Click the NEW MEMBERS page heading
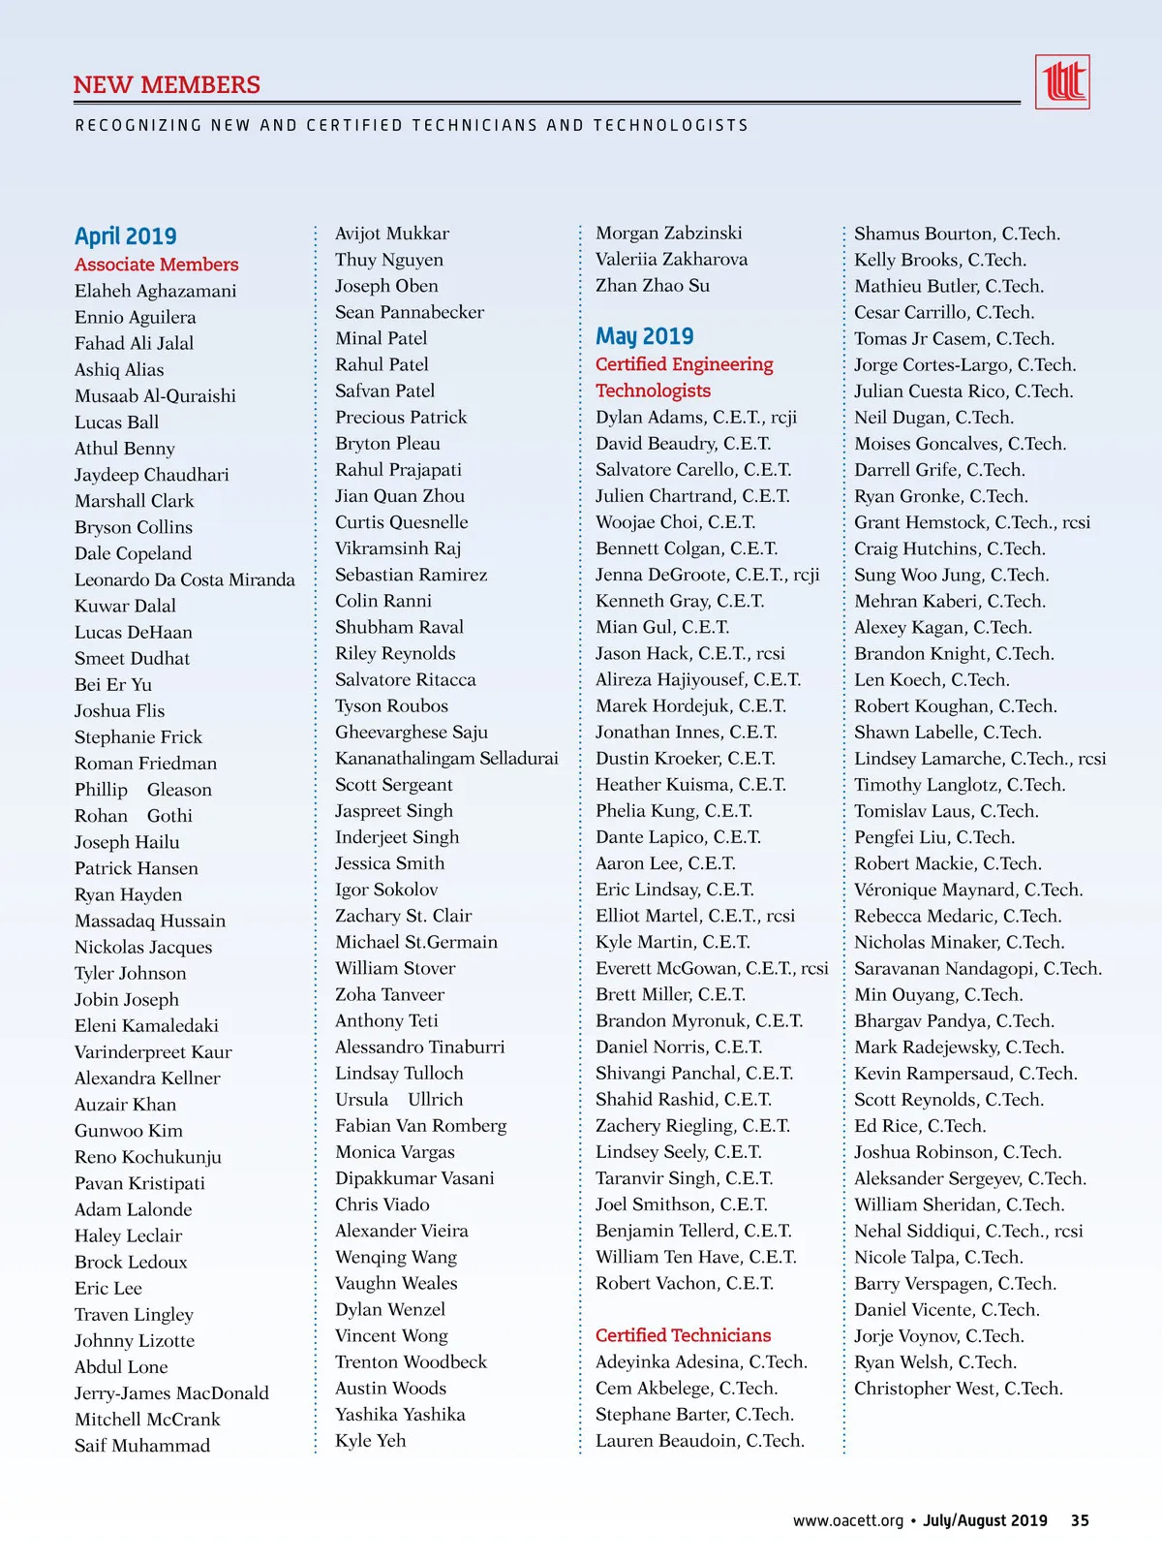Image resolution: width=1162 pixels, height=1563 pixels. [x=167, y=85]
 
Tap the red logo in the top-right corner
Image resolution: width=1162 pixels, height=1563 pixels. [x=1062, y=82]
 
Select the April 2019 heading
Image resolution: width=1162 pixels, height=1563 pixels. [x=126, y=236]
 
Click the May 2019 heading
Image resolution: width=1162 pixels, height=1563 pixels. [x=645, y=336]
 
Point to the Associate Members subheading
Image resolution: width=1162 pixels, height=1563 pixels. [x=156, y=265]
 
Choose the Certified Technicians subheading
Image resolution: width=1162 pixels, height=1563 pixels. [x=683, y=1335]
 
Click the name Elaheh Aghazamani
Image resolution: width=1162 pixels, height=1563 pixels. [x=155, y=291]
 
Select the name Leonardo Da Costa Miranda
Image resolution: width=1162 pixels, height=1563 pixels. [x=184, y=579]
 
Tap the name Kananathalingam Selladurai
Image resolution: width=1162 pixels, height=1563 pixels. [x=446, y=759]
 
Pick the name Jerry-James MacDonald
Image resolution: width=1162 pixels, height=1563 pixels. [x=171, y=1393]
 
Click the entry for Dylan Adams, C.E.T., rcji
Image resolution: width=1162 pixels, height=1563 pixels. [x=696, y=418]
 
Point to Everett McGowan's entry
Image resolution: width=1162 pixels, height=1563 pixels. [x=712, y=968]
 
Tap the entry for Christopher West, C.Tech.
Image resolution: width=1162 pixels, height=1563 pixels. [x=958, y=1389]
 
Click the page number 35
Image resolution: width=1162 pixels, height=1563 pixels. [x=1080, y=1520]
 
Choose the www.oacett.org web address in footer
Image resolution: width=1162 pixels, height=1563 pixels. [x=847, y=1520]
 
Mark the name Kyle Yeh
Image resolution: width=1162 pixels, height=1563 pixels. [x=370, y=1441]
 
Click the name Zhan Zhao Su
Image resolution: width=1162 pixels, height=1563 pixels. [x=653, y=286]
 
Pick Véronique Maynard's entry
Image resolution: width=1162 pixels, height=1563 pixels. [x=968, y=890]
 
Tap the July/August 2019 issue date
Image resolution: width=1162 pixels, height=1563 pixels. [x=985, y=1520]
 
